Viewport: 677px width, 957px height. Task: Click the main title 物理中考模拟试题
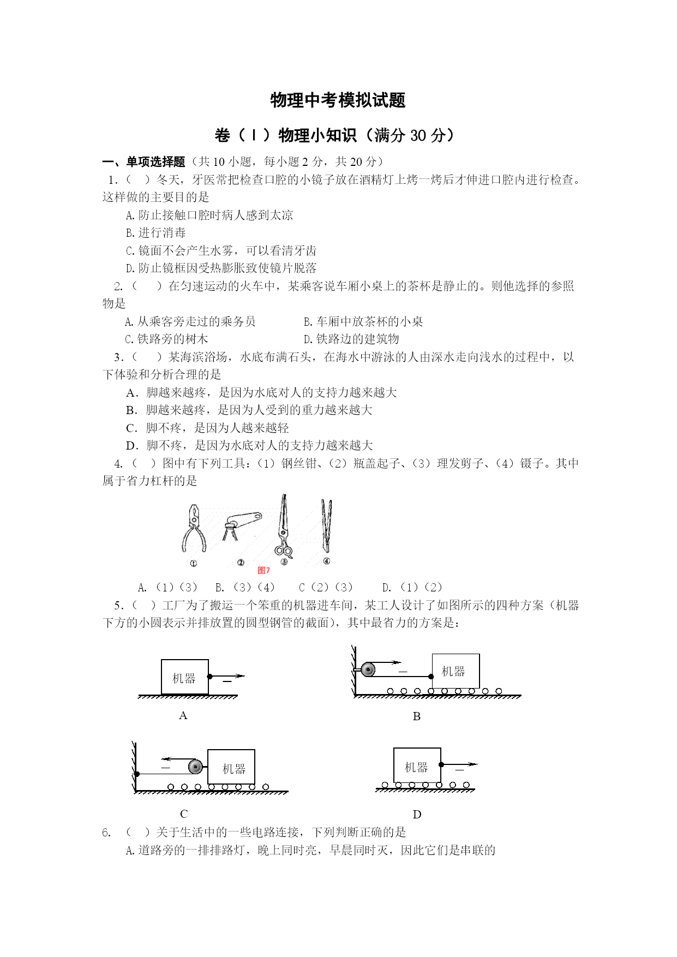[338, 100]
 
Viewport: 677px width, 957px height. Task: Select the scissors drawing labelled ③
[283, 527]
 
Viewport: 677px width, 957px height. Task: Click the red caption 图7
[264, 570]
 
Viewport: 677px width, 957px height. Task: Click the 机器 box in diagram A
[184, 678]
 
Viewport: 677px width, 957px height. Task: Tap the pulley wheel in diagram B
[368, 669]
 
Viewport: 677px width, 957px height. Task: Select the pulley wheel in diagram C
[195, 767]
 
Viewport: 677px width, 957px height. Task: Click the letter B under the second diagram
[417, 716]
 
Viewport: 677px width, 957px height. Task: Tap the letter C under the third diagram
[184, 814]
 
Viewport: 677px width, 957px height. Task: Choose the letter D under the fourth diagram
[417, 815]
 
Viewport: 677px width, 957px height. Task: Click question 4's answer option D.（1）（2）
[412, 588]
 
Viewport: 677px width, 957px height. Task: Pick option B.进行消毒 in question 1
[156, 233]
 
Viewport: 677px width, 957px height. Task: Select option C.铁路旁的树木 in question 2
[166, 339]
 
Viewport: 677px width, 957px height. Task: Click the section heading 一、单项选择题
[144, 162]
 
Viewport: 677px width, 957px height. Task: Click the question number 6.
[106, 833]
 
